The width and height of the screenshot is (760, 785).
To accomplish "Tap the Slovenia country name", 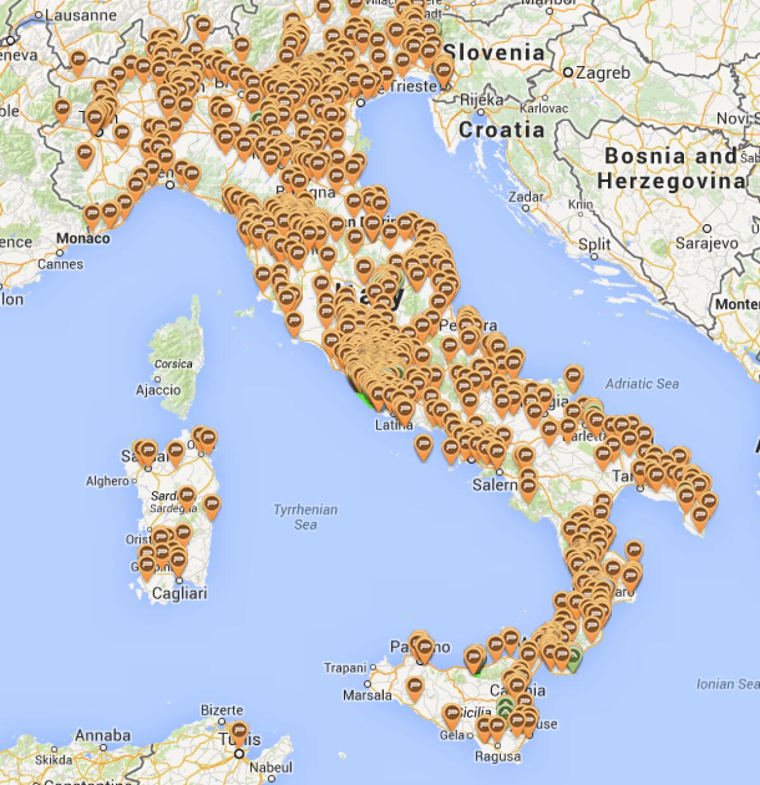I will coord(493,52).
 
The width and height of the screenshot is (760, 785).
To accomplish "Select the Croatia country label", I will coord(501,130).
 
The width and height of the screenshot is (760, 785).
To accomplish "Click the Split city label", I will coord(595,244).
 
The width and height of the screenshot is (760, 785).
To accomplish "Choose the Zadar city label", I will coord(526,197).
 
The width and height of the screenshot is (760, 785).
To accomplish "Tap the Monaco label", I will coord(83,239).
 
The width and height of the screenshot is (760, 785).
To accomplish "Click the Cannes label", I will coord(60,264).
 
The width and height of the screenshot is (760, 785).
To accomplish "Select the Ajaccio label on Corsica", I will coord(158,390).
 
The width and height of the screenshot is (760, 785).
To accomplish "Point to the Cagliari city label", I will coord(180,594).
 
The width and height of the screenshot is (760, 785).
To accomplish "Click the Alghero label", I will coord(108,482).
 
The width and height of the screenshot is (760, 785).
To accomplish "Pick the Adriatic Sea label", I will coord(642,383).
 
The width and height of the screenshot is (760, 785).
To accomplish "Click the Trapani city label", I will coord(345,668).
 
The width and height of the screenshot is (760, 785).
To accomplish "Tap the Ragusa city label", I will coord(498,756).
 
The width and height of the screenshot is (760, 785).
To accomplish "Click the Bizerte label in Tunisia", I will coord(222,710).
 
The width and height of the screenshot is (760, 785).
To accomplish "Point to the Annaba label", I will coord(103,736).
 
